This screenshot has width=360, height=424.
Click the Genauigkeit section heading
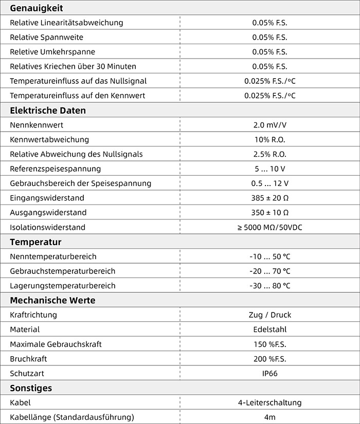[36, 8]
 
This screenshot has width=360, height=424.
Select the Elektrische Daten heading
[48, 110]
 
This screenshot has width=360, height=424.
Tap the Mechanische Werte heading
[52, 300]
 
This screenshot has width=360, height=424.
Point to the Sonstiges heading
[31, 388]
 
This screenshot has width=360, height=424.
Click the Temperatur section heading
[35, 242]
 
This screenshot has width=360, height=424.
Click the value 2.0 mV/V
[269, 125]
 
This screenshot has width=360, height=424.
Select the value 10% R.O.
[269, 139]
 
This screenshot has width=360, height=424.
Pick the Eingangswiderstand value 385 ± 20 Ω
[269, 198]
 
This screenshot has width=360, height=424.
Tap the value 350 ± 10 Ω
[269, 212]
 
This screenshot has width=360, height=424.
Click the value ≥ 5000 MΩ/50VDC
[269, 227]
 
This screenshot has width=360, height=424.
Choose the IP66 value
[269, 373]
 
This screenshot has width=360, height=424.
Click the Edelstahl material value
[269, 329]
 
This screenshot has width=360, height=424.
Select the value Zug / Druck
[269, 315]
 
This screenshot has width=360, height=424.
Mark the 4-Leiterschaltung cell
[269, 402]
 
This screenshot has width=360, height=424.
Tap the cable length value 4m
[269, 417]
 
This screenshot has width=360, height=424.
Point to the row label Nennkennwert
[37, 125]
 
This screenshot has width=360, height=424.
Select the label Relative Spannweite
[46, 38]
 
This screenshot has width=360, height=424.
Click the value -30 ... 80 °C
[269, 286]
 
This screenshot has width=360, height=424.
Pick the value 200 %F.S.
[269, 359]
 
